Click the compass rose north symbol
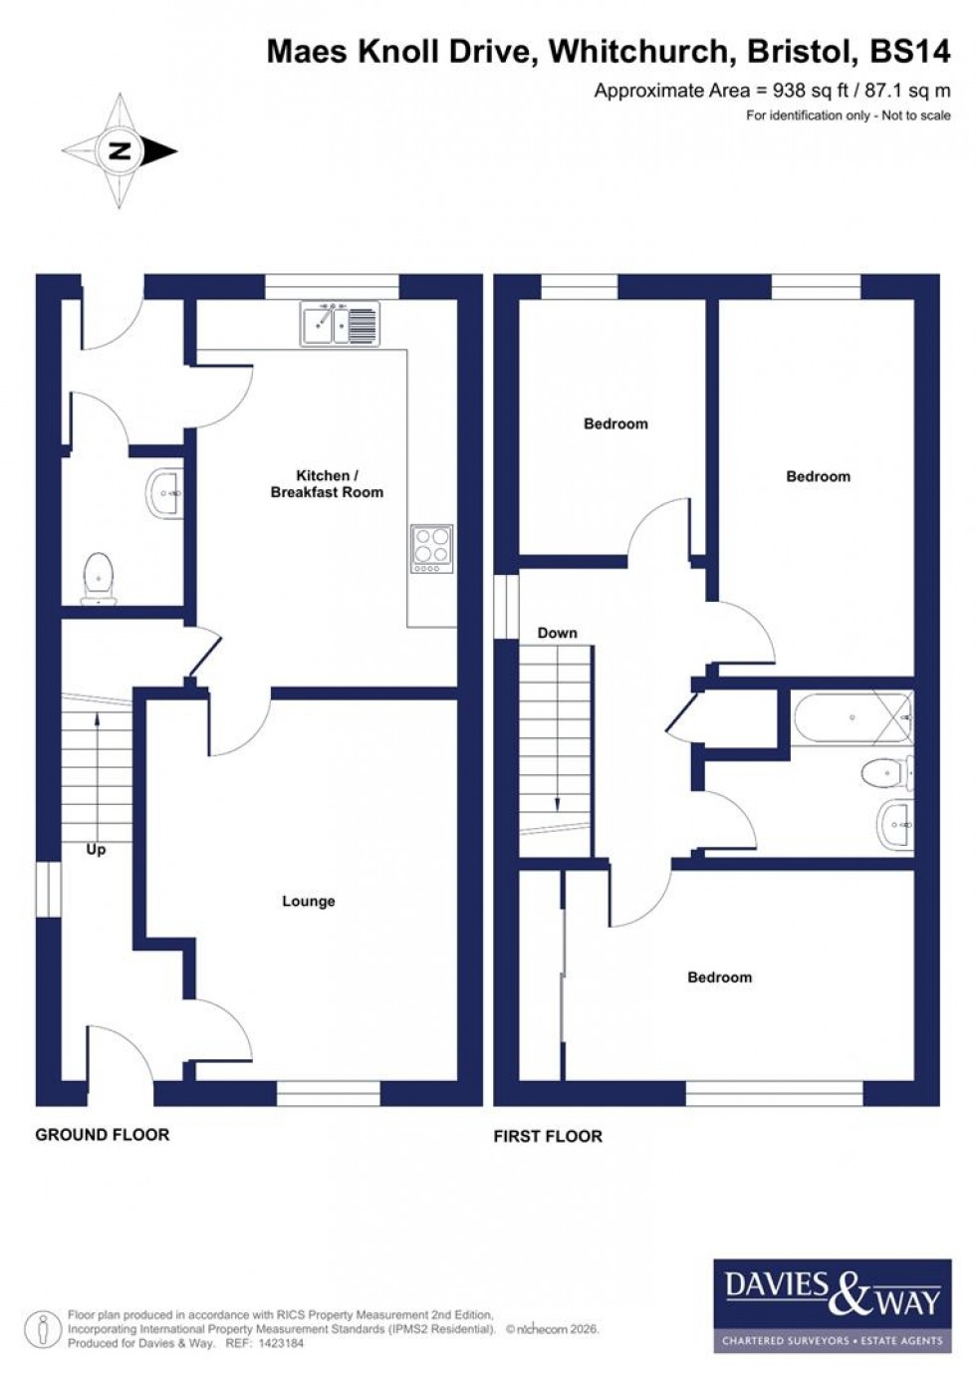(121, 151)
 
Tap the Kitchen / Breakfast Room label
(327, 484)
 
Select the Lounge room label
(309, 901)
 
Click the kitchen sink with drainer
(340, 324)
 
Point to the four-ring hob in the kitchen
(432, 548)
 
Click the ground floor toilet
(98, 579)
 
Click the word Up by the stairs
(96, 849)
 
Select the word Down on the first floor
(557, 633)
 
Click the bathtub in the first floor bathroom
(852, 717)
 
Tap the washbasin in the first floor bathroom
(896, 825)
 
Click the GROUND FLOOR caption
(103, 1134)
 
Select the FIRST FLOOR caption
(548, 1136)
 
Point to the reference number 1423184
(279, 1343)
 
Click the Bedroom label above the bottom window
(719, 977)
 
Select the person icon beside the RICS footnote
(43, 1329)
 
